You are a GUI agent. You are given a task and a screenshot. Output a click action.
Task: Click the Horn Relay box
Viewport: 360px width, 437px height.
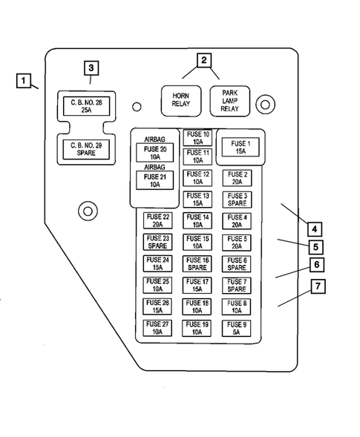point(181,100)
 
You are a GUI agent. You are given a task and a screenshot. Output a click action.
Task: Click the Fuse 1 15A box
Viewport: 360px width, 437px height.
point(240,148)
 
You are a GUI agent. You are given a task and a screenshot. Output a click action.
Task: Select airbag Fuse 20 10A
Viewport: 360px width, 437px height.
point(155,153)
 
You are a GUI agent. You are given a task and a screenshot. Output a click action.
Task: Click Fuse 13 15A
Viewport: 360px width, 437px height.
point(197,200)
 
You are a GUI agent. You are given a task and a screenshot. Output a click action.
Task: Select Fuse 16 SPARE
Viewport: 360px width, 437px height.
point(197,264)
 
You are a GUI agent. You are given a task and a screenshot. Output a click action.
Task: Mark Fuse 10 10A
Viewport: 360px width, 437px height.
point(197,137)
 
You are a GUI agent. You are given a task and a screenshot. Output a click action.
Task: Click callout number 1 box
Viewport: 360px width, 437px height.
point(24,79)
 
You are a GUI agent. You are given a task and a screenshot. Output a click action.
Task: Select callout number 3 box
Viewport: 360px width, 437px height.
point(91,68)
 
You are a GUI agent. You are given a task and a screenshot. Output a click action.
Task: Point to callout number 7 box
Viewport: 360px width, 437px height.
point(318,286)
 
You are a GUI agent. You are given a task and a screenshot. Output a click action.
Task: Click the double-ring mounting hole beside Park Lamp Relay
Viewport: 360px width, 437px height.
point(264,105)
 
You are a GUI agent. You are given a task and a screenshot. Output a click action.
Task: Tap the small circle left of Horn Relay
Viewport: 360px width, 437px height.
point(137,106)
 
